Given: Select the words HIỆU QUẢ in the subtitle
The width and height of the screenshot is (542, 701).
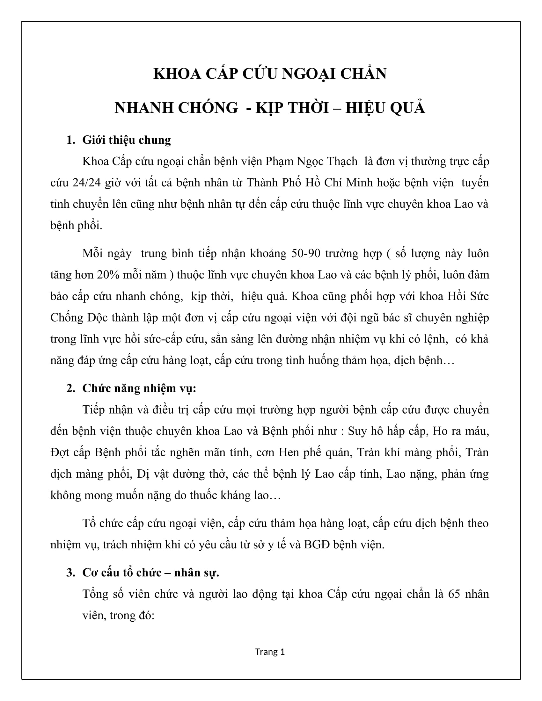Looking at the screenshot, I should click(385, 108).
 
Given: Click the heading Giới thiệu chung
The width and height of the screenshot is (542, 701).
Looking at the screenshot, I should click(127, 140).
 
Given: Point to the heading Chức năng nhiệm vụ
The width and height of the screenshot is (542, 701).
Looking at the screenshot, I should click(139, 388).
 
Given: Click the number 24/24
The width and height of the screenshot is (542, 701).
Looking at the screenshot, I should click(87, 183).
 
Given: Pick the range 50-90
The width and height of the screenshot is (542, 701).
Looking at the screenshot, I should click(306, 254).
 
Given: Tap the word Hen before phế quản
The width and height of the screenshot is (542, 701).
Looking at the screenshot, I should click(289, 452).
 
